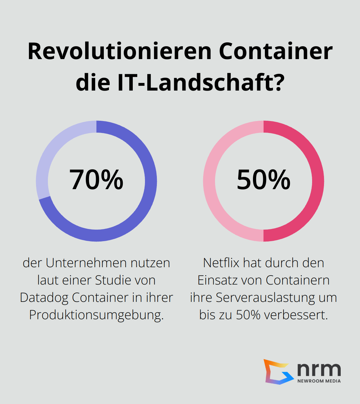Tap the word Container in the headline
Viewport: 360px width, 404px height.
(x=276, y=51)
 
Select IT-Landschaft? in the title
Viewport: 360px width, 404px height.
(x=201, y=82)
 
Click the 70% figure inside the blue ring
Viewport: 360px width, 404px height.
(x=96, y=180)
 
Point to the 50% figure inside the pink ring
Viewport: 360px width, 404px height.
(x=264, y=180)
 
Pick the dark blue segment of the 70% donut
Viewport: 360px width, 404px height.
(x=141, y=206)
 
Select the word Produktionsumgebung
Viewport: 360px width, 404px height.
(x=96, y=315)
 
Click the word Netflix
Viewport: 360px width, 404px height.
(x=221, y=263)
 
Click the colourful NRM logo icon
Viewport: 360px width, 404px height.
(x=277, y=372)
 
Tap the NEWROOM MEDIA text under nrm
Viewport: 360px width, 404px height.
(x=319, y=381)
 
